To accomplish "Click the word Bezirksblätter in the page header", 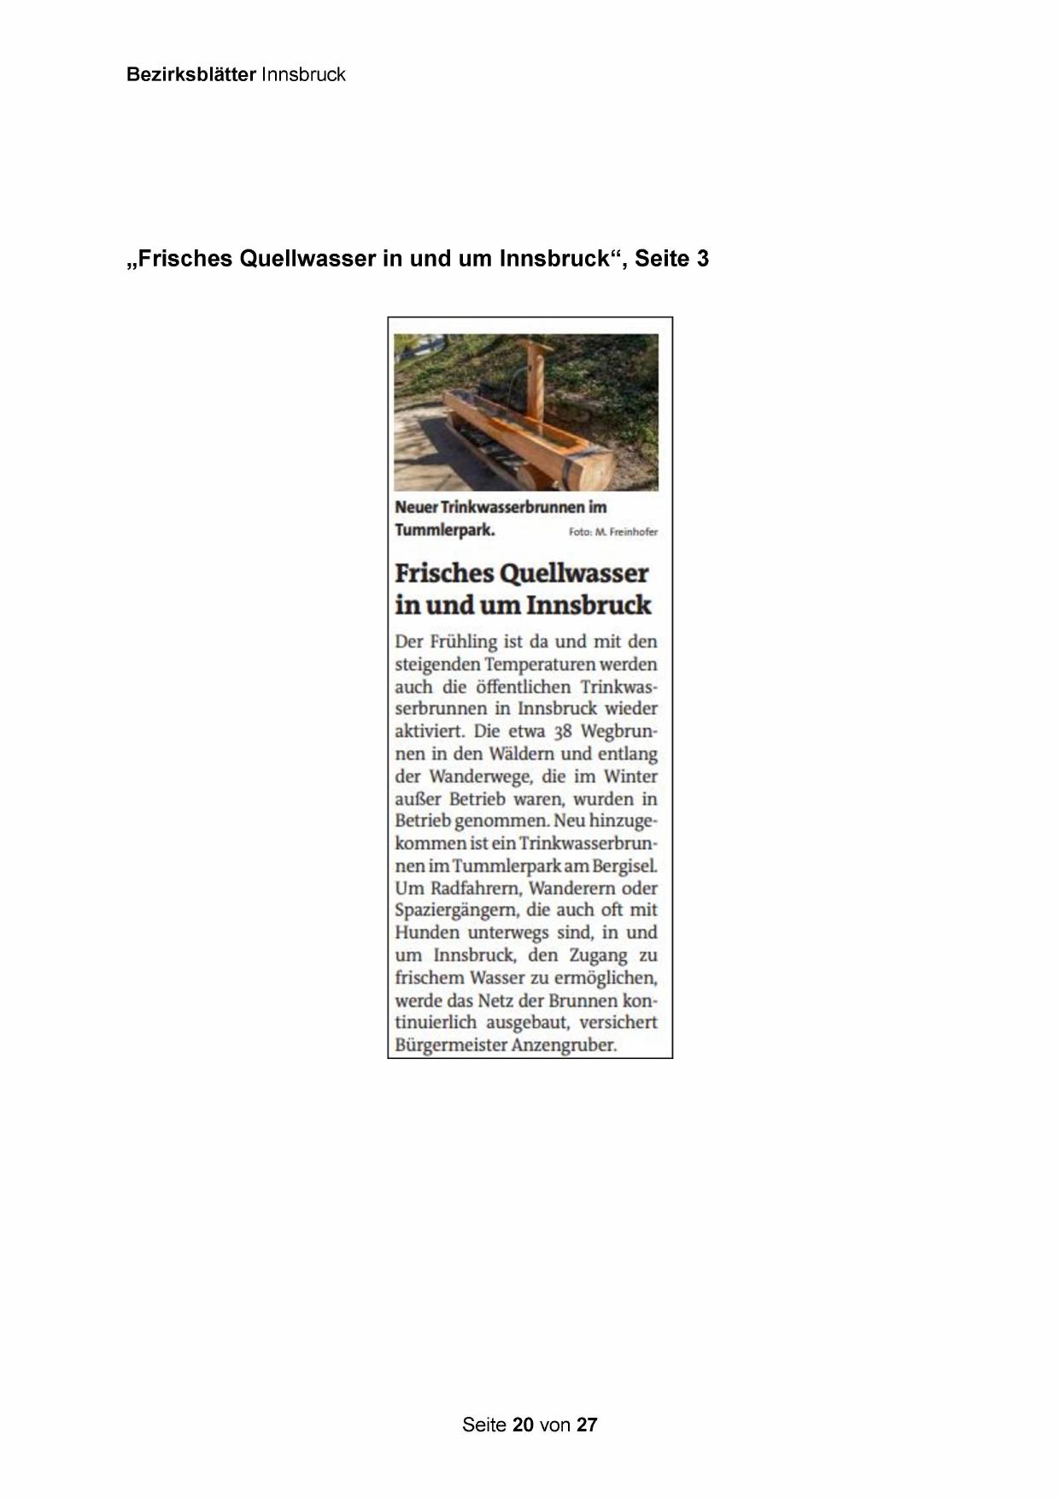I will tap(190, 74).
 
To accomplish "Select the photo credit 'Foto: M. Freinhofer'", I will tap(613, 532).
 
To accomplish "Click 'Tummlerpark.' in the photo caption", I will tap(445, 530).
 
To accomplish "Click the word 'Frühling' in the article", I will tap(468, 641).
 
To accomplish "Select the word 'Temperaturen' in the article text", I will tap(541, 664).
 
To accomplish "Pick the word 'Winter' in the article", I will tap(630, 776).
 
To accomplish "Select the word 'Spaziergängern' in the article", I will tap(456, 910).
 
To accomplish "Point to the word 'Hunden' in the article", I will tap(427, 933).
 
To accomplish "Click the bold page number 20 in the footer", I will tap(524, 1425).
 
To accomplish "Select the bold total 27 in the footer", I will tap(587, 1425).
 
